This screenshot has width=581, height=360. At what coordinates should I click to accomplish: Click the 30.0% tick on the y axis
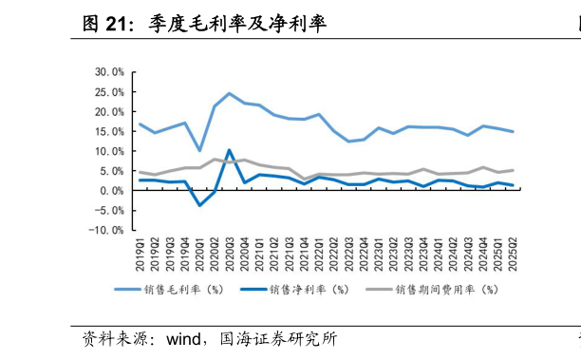coord(109,71)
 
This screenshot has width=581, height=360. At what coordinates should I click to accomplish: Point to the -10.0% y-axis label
coord(107,230)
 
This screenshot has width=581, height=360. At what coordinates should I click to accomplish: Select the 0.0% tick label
coord(112,190)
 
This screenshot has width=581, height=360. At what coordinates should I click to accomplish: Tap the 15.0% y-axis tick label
coord(109,131)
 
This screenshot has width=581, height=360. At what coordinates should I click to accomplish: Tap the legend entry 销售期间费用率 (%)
coord(445,290)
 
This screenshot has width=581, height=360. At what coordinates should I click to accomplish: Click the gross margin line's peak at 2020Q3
coord(230,93)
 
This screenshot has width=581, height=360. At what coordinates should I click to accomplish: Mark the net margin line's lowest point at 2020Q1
coord(200,204)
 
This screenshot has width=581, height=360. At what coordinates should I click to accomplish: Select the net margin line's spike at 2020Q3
coord(230,150)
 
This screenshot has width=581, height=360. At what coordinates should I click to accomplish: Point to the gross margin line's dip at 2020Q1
coord(200,150)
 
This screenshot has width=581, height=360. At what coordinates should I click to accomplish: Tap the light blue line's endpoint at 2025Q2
coord(514,131)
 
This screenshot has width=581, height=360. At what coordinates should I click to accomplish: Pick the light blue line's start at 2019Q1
coord(141,123)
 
